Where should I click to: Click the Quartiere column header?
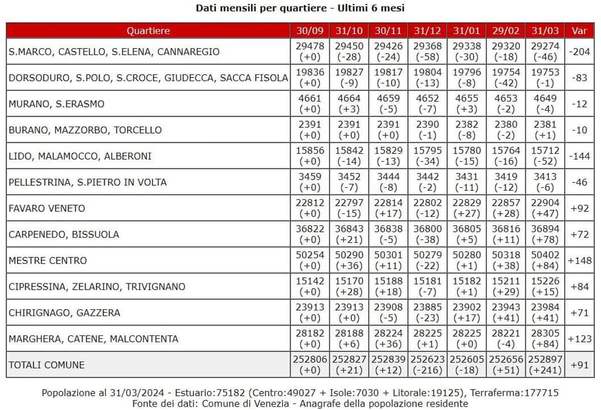tap(148, 31)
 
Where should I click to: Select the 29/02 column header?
tap(506, 31)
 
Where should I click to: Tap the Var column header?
tap(579, 31)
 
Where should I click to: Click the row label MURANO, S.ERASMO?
tap(57, 104)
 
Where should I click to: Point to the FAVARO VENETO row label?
tap(47, 208)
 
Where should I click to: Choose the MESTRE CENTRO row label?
tap(48, 260)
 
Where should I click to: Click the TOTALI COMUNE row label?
tap(46, 365)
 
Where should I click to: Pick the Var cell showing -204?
tap(579, 52)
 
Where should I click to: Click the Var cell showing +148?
tap(579, 260)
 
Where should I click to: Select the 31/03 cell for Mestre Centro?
tap(545, 260)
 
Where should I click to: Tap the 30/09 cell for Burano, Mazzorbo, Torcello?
tap(310, 130)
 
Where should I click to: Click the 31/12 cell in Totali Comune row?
tap(427, 365)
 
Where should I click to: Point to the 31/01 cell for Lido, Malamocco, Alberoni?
tap(466, 156)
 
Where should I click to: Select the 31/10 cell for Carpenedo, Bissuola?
tap(349, 234)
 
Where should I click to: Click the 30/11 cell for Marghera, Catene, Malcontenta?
tap(388, 339)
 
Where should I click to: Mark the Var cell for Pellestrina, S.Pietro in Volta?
tap(579, 182)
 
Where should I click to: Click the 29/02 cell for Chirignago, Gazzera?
tap(506, 313)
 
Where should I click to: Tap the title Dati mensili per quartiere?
tap(300, 8)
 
